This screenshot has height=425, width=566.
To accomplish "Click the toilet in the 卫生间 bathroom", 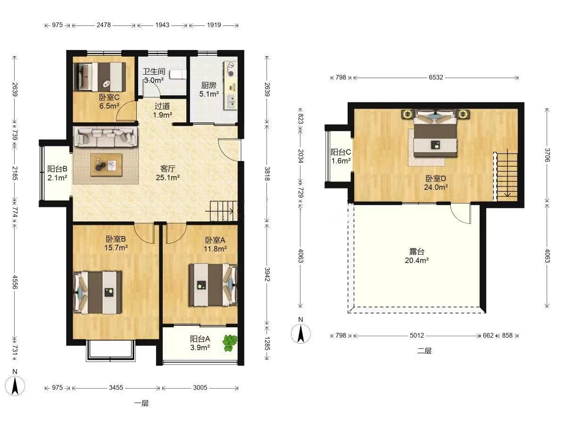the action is pyautogui.click(x=178, y=74).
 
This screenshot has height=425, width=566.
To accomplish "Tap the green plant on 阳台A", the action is pyautogui.click(x=230, y=343).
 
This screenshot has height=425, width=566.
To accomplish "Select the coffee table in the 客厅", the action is pyautogui.click(x=106, y=165).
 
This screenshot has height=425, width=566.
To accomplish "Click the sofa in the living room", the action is pyautogui.click(x=106, y=137).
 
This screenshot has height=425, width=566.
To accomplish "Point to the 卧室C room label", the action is pyautogui.click(x=109, y=98).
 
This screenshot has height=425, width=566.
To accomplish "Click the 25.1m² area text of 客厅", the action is pyautogui.click(x=167, y=178).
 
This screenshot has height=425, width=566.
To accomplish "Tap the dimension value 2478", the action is pyautogui.click(x=104, y=25).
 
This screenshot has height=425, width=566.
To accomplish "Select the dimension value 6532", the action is pyautogui.click(x=436, y=77).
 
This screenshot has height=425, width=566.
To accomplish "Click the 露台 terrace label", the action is pyautogui.click(x=416, y=251).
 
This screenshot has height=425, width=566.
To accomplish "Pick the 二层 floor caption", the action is pyautogui.click(x=424, y=351).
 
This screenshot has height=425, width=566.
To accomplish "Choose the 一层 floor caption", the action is pyautogui.click(x=141, y=403).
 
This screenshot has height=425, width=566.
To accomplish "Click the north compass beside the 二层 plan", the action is pyautogui.click(x=300, y=334).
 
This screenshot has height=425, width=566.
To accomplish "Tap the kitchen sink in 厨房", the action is pyautogui.click(x=231, y=102).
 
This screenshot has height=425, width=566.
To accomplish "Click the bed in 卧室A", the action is pyautogui.click(x=213, y=285).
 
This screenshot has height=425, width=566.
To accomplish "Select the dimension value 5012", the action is pyautogui.click(x=416, y=335).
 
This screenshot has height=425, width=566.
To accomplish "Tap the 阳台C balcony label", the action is pyautogui.click(x=341, y=152).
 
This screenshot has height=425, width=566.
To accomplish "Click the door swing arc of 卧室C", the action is pyautogui.click(x=125, y=110).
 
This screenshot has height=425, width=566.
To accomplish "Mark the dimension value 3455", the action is pyautogui.click(x=116, y=388).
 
